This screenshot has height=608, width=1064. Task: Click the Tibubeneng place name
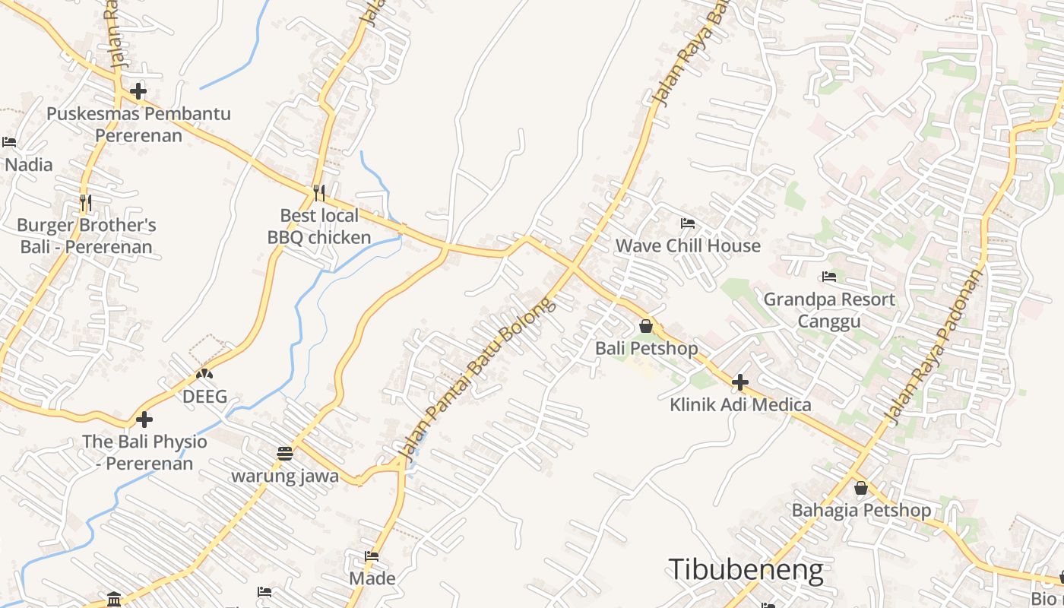click(746, 570)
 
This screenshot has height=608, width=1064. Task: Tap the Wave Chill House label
click(688, 245)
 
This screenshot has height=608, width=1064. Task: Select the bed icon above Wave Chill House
click(688, 223)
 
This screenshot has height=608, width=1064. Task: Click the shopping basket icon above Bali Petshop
click(646, 326)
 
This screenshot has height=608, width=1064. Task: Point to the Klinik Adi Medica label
click(740, 404)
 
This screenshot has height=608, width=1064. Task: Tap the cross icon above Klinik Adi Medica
click(740, 382)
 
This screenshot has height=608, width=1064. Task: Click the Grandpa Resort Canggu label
click(829, 310)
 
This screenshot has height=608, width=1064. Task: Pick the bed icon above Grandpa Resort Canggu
click(829, 277)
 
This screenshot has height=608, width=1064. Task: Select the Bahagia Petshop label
click(861, 510)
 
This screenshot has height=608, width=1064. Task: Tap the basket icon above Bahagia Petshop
click(861, 488)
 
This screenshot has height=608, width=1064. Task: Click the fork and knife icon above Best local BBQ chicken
click(319, 193)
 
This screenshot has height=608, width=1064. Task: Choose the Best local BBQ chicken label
click(319, 226)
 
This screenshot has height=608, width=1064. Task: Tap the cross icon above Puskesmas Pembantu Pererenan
click(138, 92)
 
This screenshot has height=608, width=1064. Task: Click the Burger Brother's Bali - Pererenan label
click(87, 236)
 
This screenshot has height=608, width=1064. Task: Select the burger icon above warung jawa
click(285, 454)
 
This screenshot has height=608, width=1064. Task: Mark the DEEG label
click(204, 396)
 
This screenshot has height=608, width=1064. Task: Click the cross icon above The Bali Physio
click(144, 420)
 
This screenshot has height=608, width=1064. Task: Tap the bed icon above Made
click(372, 556)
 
